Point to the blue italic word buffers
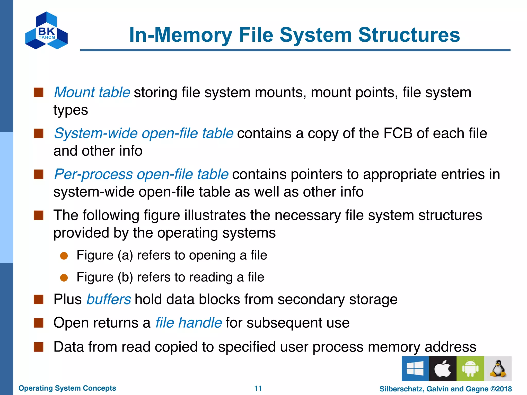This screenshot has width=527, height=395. (109, 299)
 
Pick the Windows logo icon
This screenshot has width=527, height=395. (415, 369)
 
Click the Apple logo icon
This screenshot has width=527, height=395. (443, 369)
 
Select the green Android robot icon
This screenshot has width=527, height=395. (470, 369)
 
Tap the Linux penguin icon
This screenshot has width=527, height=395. (498, 369)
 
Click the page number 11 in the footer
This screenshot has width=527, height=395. (258, 388)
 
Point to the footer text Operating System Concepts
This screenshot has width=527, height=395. (67, 388)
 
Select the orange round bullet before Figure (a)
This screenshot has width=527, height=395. (64, 256)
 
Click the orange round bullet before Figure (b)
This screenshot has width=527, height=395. (64, 278)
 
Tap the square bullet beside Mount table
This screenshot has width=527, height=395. (39, 92)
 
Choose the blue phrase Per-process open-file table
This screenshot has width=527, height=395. (141, 174)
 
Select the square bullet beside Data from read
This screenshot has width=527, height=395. (39, 347)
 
